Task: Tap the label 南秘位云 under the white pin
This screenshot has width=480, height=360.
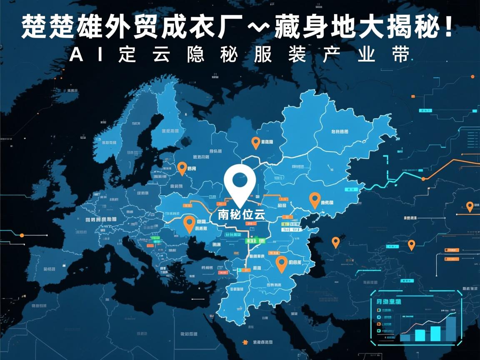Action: tap(241, 215)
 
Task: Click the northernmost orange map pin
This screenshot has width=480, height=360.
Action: tap(256, 142)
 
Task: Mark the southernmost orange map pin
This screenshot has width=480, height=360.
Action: tap(282, 263)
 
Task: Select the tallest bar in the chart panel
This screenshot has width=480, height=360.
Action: tap(451, 328)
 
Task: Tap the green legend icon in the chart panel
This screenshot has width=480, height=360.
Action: tap(379, 330)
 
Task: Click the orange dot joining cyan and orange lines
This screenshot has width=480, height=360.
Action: tap(423, 179)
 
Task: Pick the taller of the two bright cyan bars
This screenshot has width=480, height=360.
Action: tap(435, 333)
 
